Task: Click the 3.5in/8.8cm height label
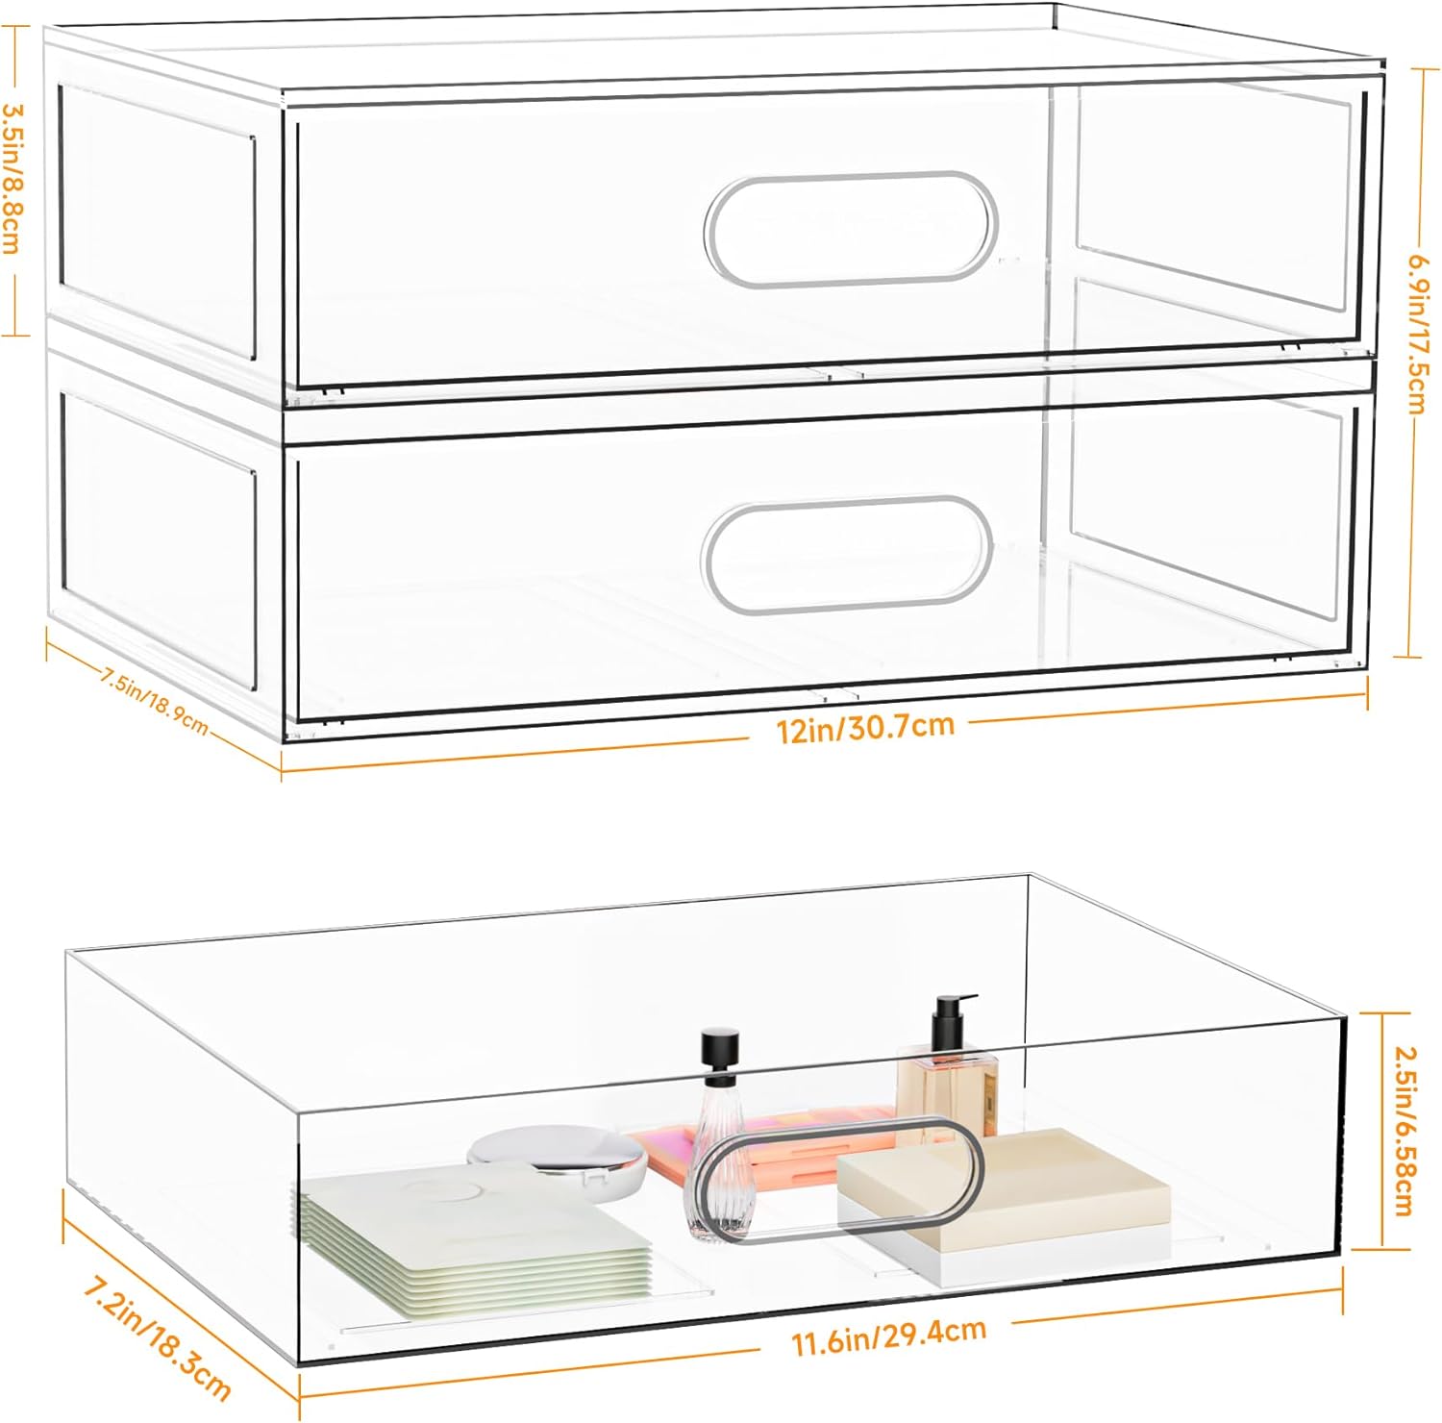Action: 13,180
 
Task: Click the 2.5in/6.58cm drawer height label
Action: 1403,1131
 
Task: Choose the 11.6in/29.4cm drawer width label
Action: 889,1335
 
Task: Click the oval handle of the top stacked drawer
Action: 851,229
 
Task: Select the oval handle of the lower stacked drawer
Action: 847,555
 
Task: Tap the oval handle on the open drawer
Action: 839,1180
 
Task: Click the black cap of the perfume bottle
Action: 720,1045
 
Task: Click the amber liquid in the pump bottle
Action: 948,1097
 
